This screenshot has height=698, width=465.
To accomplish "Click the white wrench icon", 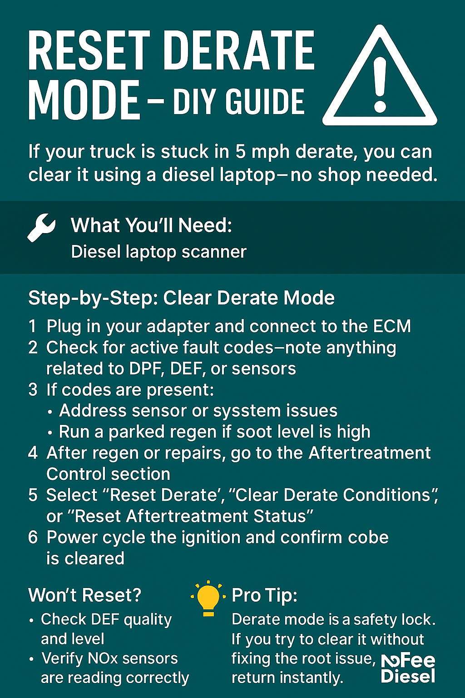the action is pos(41,228).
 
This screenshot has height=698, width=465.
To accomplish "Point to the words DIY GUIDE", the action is pos(238,101).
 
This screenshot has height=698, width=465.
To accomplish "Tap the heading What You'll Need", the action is pos(151,225).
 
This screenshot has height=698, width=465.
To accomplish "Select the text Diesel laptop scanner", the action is pos(158,252).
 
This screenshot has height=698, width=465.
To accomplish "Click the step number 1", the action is pos(32,326).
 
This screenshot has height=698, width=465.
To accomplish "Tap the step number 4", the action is pos(33,453).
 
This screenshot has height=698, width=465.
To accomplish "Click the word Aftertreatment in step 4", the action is pos(370,453).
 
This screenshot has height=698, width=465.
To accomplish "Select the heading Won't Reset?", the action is pos(85,595).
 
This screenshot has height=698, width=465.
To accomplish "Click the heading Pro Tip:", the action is pos(264,595).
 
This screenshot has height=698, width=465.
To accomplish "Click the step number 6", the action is pos(33,537).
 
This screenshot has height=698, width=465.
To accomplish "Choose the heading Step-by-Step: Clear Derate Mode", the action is pos(181,298).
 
